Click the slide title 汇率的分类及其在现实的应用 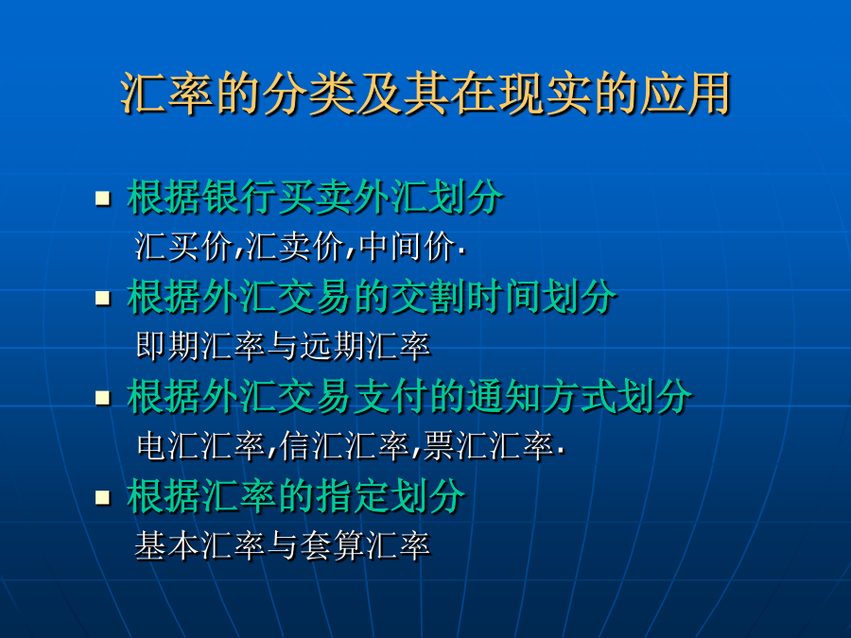pos(425,94)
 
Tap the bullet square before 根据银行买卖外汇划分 pos(102,198)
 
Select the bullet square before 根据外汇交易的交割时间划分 pos(102,298)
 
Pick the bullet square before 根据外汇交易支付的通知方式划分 pos(102,398)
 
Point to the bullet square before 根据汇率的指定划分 pos(102,497)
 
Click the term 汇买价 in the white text pos(183,247)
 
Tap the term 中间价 pos(407,247)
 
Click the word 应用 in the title pos(686,94)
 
